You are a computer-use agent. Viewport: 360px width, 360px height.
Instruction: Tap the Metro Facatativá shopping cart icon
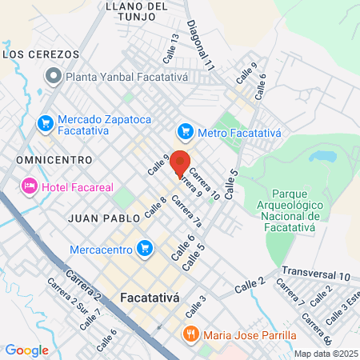click(x=186, y=130)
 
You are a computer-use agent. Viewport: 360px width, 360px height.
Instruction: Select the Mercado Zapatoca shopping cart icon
click(x=46, y=123)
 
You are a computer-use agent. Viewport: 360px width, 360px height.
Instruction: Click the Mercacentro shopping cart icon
click(x=144, y=249)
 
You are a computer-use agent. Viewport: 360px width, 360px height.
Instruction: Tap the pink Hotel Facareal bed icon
click(x=30, y=186)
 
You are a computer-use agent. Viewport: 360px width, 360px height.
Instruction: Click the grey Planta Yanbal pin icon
click(x=54, y=77)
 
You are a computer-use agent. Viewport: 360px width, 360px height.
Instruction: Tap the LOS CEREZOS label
click(x=42, y=54)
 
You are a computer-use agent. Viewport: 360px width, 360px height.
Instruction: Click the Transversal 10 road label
click(x=316, y=274)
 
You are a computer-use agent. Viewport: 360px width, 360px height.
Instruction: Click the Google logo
click(x=26, y=350)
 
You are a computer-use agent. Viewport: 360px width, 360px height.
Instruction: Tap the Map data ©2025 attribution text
click(x=325, y=354)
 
